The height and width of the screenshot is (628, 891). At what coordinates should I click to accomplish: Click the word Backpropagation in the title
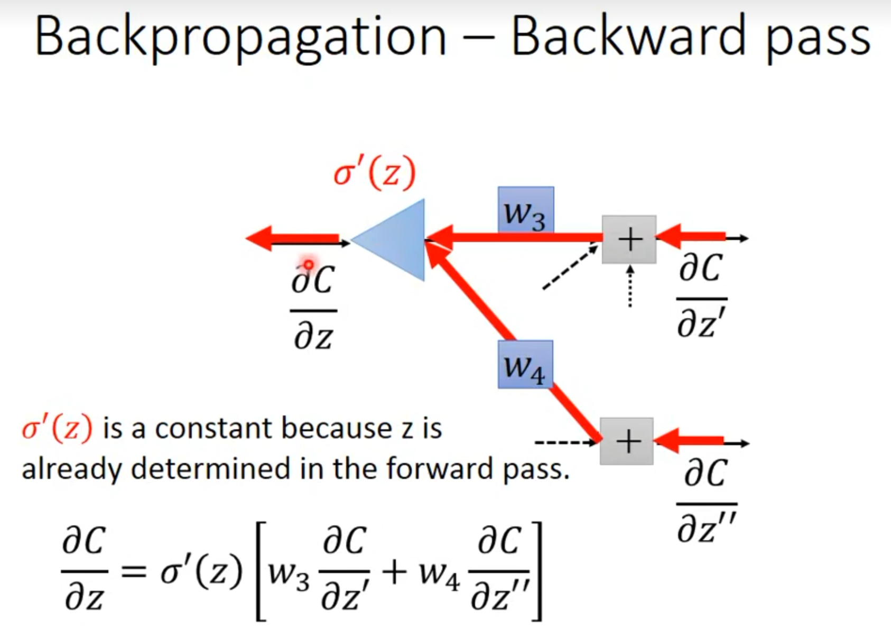(x=241, y=38)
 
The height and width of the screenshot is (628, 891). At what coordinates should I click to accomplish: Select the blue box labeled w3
(x=526, y=210)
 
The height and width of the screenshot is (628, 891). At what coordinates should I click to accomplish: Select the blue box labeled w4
(x=525, y=364)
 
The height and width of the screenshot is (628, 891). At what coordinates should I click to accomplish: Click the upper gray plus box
(x=629, y=239)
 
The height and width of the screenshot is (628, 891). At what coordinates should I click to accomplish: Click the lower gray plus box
(x=627, y=441)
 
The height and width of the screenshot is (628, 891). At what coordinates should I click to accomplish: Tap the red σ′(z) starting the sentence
(x=57, y=429)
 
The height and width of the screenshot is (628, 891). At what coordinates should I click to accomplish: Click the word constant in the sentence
(x=214, y=429)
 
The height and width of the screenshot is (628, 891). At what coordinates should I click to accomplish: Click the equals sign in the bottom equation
(x=134, y=572)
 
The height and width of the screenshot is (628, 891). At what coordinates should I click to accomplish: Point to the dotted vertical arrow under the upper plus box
(x=630, y=287)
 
